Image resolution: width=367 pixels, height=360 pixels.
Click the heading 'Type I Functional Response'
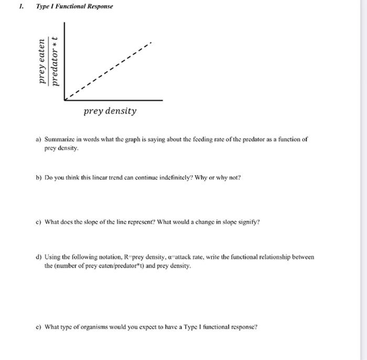74,7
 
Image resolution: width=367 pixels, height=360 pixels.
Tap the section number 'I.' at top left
20,7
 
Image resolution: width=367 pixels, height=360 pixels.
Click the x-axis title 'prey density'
110,111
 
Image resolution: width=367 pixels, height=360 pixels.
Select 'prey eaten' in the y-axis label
41,61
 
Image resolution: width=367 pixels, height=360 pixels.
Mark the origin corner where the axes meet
64,99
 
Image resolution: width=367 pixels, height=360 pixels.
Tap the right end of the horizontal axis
162,99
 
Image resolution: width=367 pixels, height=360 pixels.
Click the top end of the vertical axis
64,23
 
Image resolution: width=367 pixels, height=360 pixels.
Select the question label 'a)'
39,140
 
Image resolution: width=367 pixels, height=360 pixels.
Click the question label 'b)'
39,177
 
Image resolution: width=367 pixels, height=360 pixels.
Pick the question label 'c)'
39,221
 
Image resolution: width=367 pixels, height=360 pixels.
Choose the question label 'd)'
39,257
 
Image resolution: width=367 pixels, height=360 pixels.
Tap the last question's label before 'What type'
39,327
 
